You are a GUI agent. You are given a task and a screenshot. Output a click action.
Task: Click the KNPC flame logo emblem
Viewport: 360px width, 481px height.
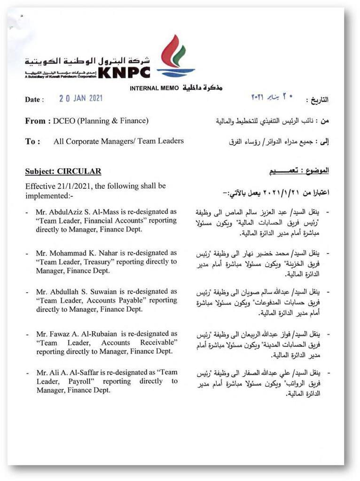[175, 56]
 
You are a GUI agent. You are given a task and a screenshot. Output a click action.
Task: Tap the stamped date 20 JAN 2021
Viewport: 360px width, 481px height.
[81, 99]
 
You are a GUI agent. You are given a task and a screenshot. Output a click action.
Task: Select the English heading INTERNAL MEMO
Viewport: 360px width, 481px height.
[154, 88]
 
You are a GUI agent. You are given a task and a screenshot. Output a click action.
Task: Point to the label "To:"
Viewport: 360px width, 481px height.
[32, 141]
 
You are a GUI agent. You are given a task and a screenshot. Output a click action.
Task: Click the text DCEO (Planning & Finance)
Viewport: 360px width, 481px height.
[101, 121]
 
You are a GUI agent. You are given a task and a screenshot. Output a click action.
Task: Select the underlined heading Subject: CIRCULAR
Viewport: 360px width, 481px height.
[63, 171]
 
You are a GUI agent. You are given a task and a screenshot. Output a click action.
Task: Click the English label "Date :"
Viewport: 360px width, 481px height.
[34, 100]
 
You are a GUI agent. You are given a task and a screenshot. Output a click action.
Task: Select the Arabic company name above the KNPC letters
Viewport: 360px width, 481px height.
[88, 61]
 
